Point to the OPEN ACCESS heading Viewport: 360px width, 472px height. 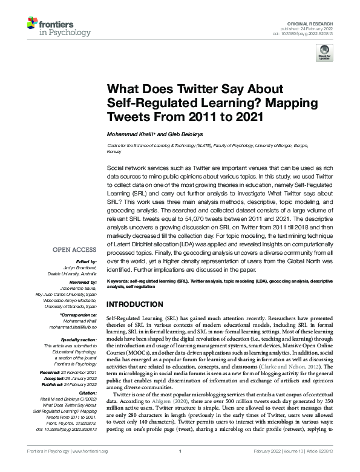click(74, 249)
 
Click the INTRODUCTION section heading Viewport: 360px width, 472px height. click(134, 303)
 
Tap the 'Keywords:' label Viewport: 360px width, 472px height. click(119, 282)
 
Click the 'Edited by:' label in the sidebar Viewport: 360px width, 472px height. click(86, 261)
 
